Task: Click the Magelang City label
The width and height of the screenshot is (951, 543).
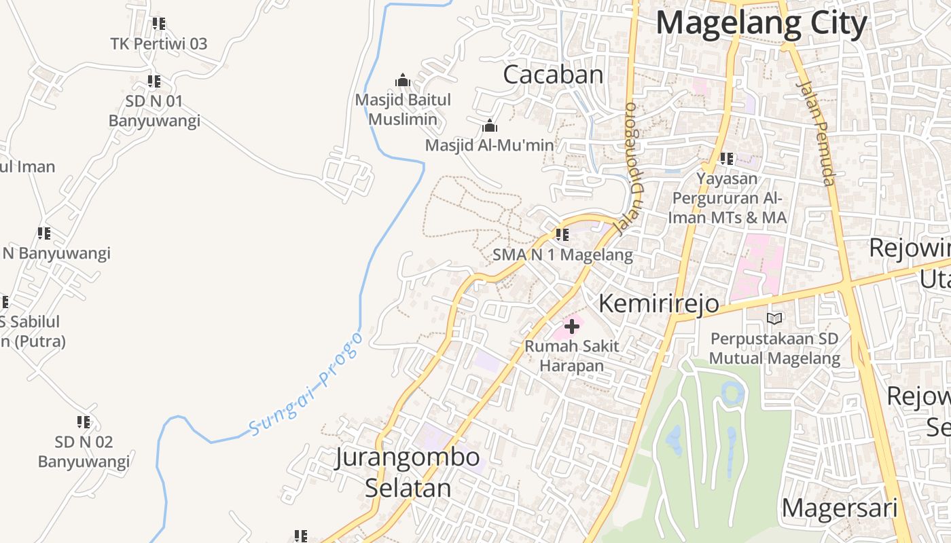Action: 761,23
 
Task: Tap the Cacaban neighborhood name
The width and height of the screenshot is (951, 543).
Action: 553,75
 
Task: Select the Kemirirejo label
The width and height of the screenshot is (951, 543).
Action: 658,303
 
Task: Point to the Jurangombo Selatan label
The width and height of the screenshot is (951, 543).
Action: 408,472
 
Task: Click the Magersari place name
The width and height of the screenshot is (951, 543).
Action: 840,508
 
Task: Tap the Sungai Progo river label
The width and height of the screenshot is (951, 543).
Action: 306,384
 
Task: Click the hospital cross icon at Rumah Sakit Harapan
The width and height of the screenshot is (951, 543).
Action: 572,327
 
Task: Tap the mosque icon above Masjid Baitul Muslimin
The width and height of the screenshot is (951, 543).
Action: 403,81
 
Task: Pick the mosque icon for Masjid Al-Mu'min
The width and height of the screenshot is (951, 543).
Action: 489,126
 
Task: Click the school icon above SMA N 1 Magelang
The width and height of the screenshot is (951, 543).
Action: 562,236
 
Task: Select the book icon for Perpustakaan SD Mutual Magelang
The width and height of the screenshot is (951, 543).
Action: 774,318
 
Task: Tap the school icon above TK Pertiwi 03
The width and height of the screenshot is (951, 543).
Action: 159,24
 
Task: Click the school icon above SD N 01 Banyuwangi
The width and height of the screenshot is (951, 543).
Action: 154,82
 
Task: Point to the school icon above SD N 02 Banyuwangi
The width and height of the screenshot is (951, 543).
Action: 84,422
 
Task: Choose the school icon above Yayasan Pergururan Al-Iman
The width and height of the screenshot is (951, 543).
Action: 727,159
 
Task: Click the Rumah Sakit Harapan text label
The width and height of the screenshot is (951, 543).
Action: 572,356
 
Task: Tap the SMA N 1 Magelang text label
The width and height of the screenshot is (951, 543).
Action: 562,255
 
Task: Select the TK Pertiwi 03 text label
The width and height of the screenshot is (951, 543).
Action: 159,44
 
